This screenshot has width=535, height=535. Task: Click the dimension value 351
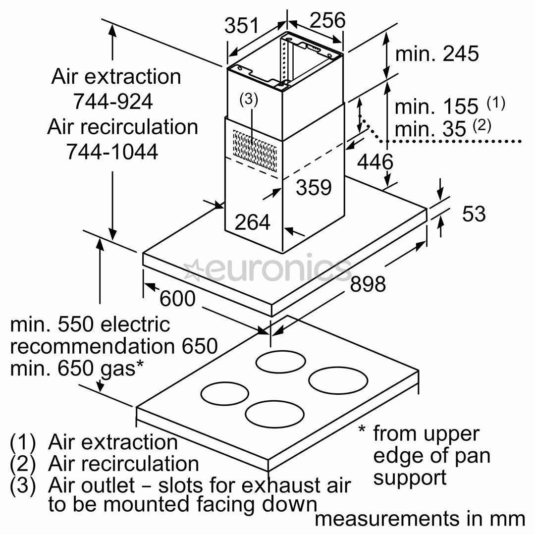[x=242, y=25]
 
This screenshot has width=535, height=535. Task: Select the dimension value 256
[x=327, y=20]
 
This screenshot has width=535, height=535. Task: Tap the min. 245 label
[x=437, y=53]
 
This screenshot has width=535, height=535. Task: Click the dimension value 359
[x=313, y=188]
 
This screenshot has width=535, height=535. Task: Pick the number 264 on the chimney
[x=253, y=222]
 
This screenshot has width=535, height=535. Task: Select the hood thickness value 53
[x=474, y=214]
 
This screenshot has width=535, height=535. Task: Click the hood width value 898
[x=368, y=284]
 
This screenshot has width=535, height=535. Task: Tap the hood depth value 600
[x=177, y=299]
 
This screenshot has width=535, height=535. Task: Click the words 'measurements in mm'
[x=419, y=519]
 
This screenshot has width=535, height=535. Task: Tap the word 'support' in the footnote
[x=410, y=478]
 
